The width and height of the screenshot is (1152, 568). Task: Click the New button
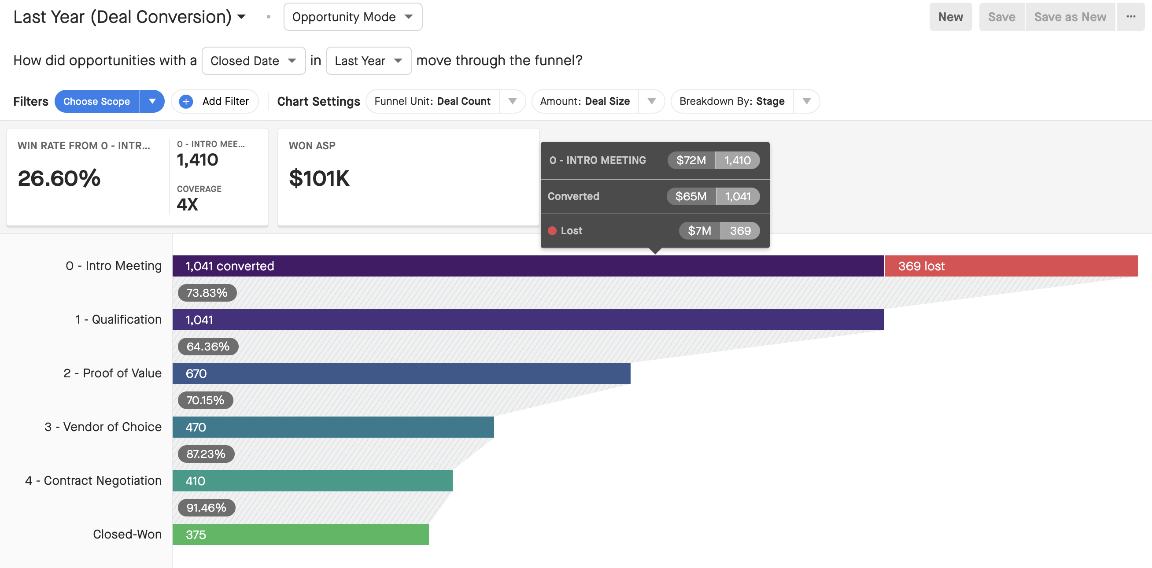pos(950,17)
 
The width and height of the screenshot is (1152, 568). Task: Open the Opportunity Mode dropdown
pos(353,17)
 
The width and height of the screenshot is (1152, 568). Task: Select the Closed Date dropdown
pos(254,61)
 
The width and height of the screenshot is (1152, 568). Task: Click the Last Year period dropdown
pos(369,61)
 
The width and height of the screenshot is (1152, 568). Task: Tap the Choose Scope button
pos(96,102)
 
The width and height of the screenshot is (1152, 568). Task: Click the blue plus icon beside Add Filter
pos(186,102)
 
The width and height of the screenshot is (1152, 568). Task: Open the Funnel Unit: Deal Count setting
pos(445,102)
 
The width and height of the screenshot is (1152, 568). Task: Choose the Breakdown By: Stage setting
pos(745,102)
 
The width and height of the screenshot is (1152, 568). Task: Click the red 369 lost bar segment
pos(1011,266)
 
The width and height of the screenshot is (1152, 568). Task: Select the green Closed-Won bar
pos(300,535)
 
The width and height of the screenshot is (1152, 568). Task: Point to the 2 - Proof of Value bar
pos(402,373)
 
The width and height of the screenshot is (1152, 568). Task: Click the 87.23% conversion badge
pos(206,454)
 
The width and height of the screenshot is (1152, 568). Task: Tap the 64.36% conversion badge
pos(208,347)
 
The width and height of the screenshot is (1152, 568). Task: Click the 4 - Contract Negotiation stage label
pos(93,481)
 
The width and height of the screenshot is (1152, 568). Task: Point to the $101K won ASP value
pos(319,178)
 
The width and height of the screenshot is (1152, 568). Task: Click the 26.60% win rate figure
pos(59,178)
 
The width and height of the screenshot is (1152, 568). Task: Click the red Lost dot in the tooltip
pos(552,231)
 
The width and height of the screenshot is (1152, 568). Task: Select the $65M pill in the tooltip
pos(691,196)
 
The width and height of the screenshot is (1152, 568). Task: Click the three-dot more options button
pos(1131,17)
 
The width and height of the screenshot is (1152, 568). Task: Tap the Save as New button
pos(1070,17)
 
